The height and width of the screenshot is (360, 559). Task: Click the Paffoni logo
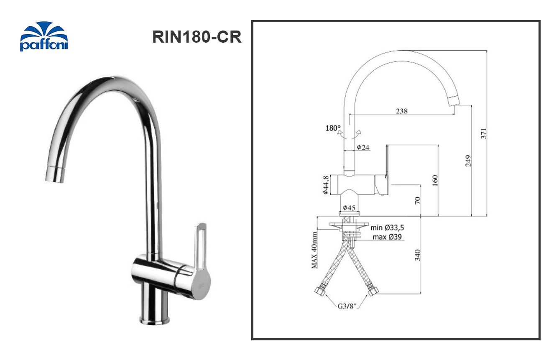[43, 37]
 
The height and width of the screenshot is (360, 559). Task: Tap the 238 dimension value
[402, 111]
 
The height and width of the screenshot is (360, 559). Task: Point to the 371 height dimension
[484, 133]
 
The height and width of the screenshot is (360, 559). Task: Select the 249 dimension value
[468, 161]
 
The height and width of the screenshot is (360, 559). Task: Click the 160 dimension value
[435, 180]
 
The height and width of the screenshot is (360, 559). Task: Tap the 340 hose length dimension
[417, 254]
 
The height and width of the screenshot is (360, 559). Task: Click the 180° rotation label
[333, 128]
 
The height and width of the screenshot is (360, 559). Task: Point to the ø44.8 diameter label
[325, 185]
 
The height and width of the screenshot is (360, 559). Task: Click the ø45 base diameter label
[349, 208]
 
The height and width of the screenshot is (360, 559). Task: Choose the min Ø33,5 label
[387, 228]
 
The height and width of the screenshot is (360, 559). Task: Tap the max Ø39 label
[387, 237]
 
